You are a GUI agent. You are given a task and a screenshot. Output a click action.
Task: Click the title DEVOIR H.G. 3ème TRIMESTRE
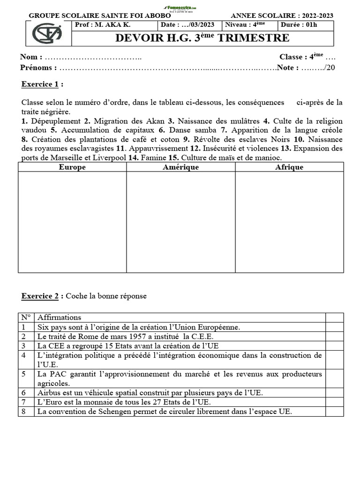click(x=202, y=38)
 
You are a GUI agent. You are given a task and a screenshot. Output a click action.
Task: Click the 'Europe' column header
click(x=72, y=167)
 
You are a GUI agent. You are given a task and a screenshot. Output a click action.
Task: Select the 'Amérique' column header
click(x=180, y=167)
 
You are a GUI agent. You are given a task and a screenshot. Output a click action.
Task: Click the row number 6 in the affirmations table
click(x=24, y=393)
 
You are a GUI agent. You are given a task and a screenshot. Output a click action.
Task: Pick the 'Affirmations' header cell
click(x=60, y=317)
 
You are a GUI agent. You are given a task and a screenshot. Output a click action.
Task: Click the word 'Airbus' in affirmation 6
click(x=48, y=393)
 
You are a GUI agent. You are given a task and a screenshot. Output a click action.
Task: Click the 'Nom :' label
click(x=31, y=57)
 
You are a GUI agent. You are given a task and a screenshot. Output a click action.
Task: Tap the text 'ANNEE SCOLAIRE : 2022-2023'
click(x=282, y=15)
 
